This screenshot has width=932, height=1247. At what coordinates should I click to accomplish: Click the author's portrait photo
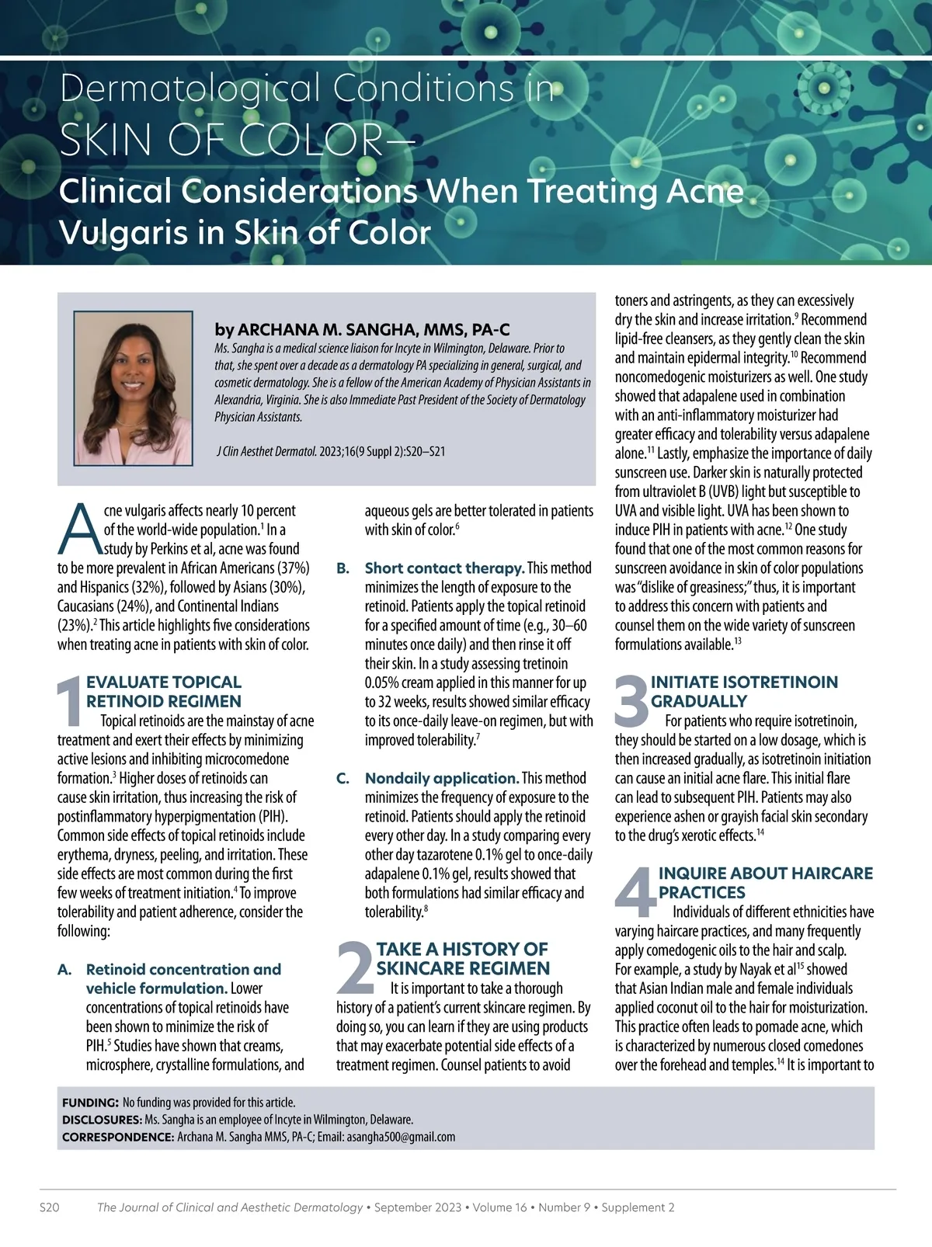[x=133, y=387]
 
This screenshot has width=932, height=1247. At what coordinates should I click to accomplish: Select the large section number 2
[x=355, y=967]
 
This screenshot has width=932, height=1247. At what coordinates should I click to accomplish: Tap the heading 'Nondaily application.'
[x=441, y=778]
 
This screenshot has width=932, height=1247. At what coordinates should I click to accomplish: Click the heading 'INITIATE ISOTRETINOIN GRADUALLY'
[x=743, y=692]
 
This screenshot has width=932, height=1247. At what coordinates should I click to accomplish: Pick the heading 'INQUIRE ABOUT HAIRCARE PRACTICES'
[x=765, y=883]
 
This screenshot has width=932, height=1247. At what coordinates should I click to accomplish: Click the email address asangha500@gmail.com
[x=401, y=1137]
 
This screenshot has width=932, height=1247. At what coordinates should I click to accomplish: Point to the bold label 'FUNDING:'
[x=90, y=1103]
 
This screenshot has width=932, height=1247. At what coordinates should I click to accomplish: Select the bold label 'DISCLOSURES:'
[x=101, y=1120]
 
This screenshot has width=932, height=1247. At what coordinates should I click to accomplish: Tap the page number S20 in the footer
[x=50, y=1207]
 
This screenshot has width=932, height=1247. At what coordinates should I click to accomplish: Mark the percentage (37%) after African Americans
[x=294, y=568]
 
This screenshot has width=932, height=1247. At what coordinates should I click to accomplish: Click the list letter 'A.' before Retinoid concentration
[x=65, y=969]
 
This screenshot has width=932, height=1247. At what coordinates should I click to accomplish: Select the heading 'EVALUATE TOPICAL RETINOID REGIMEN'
[x=164, y=692]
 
